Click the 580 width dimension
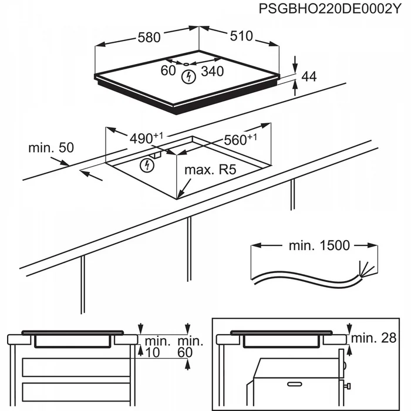coord(149,37)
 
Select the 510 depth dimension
coord(241,36)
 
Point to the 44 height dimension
coord(309,77)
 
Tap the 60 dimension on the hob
coord(169,71)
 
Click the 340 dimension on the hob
coord(212,72)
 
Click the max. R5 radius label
coord(210,170)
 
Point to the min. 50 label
coord(51,148)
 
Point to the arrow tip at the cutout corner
coord(180,196)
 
